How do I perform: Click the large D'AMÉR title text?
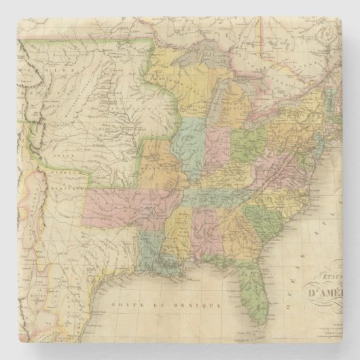click(x=326, y=295)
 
